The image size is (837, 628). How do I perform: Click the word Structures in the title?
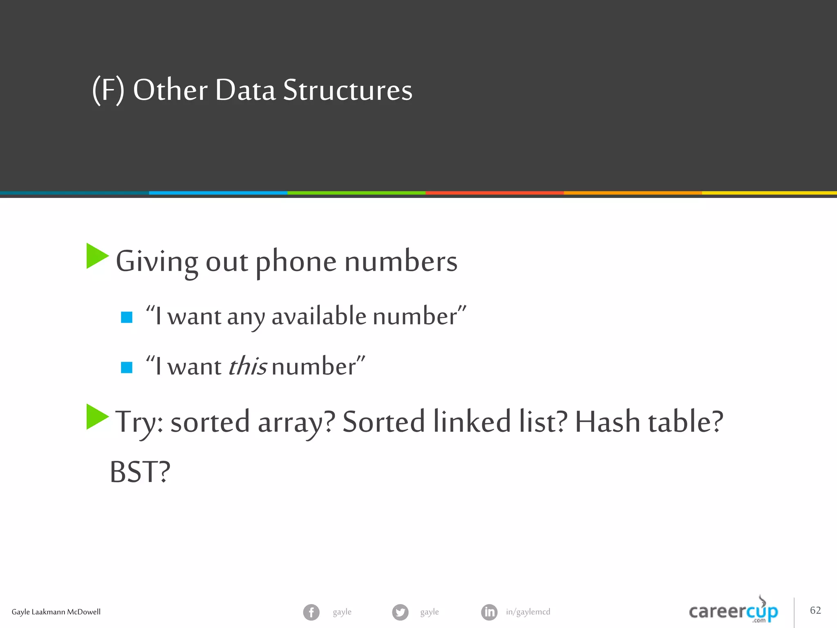[348, 90]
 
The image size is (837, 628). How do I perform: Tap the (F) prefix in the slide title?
[108, 90]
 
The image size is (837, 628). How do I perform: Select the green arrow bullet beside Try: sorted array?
[97, 417]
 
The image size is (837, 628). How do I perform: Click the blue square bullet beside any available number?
[127, 317]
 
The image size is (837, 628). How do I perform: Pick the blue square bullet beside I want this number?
[127, 367]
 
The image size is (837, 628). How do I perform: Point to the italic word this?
[247, 366]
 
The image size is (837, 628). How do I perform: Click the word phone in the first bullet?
[296, 262]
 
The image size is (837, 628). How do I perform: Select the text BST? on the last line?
[140, 472]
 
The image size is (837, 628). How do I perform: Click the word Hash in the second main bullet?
[607, 422]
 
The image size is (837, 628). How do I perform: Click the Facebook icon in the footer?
[311, 612]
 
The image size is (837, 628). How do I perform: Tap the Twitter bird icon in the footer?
[400, 612]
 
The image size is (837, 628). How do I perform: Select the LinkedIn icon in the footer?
[489, 612]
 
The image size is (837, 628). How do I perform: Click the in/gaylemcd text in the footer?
[528, 612]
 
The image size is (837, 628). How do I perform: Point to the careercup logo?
[734, 611]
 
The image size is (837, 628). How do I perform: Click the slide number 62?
[815, 610]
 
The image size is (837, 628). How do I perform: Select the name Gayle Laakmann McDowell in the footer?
[56, 612]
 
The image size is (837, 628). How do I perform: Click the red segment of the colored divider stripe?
[495, 193]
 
